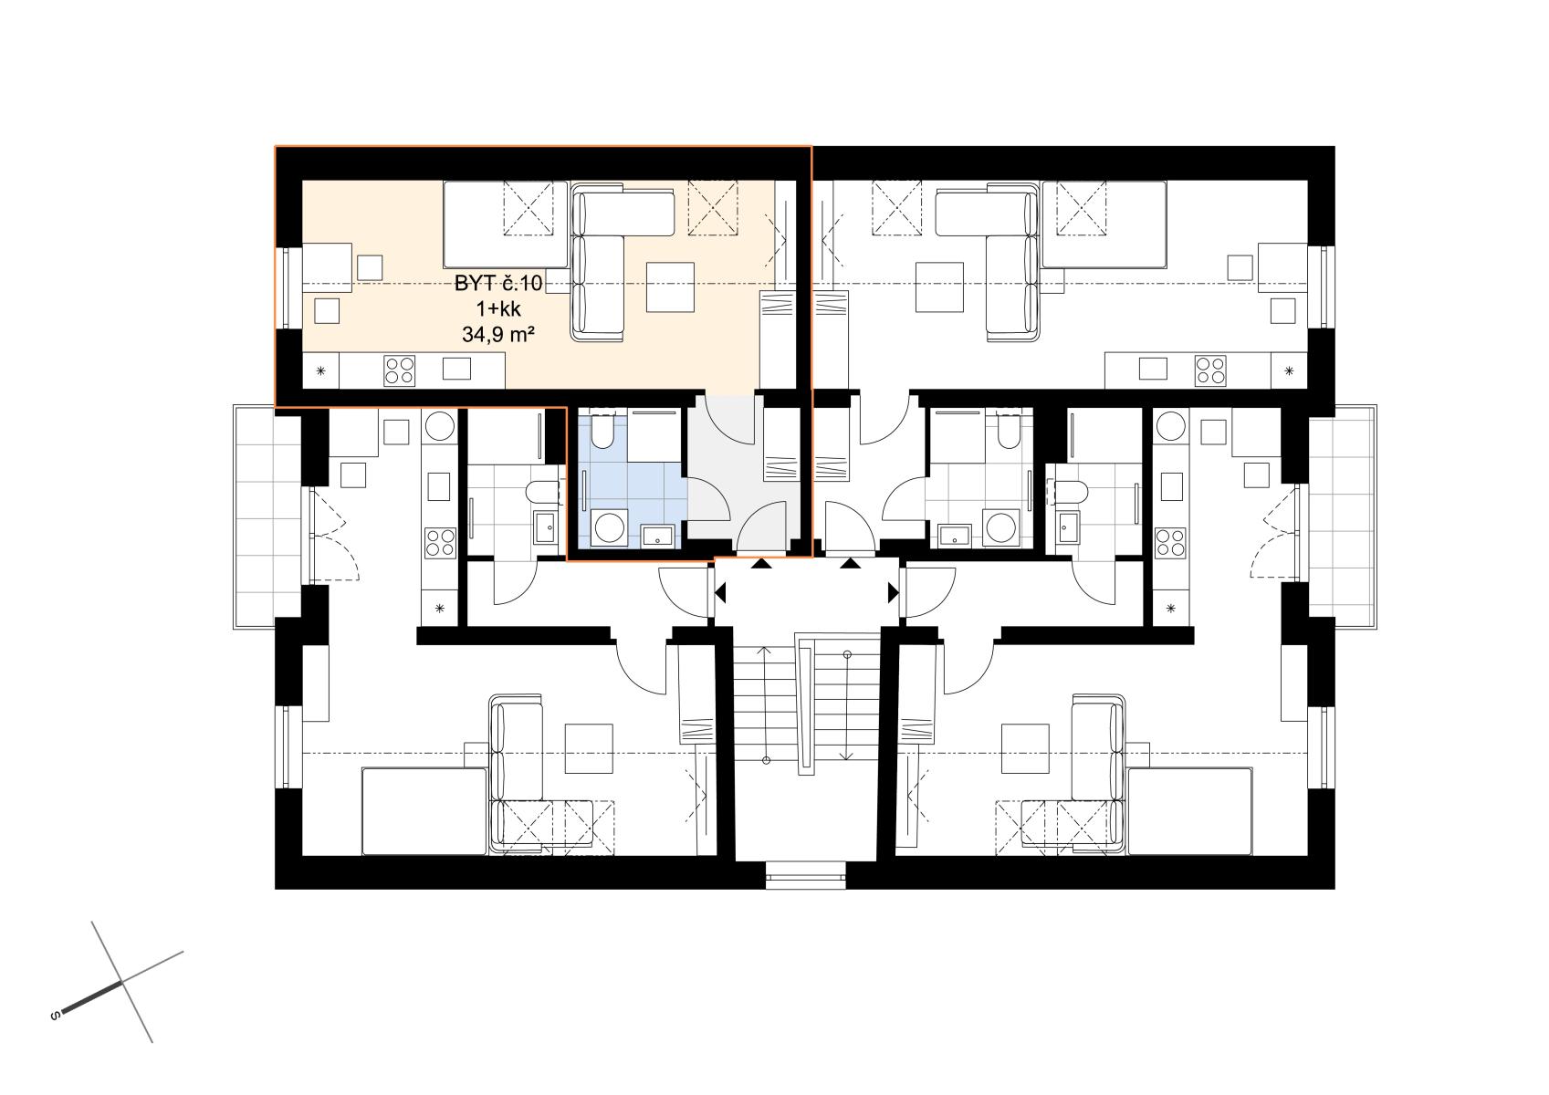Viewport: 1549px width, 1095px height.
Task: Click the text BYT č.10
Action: coord(497,284)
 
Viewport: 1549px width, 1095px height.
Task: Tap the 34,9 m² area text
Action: coord(497,335)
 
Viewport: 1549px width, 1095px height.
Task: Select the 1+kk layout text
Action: coord(497,309)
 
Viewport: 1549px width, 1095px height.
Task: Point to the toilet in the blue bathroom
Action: coord(602,432)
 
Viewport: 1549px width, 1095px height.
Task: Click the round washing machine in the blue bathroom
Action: coord(609,527)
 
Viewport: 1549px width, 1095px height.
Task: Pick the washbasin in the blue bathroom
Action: coord(657,536)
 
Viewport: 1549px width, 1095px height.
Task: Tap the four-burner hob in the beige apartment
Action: coord(399,370)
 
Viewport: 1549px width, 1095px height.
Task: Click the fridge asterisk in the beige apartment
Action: coord(321,371)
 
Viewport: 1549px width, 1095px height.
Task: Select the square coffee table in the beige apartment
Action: coord(670,287)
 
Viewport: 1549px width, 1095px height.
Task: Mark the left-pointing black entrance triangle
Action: coord(720,593)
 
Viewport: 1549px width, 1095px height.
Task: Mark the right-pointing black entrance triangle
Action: coord(893,593)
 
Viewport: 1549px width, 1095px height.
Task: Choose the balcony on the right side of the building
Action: coord(1342,517)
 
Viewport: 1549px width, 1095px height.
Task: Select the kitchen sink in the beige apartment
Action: coord(456,369)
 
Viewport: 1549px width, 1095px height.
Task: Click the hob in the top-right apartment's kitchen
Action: coord(1210,370)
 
